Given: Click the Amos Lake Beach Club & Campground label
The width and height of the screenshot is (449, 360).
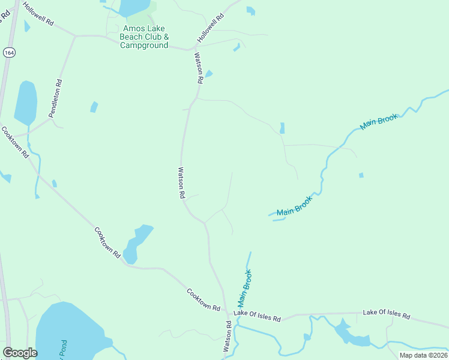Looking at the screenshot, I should (x=144, y=37).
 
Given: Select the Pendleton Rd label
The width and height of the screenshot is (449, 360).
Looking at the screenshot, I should (x=56, y=98).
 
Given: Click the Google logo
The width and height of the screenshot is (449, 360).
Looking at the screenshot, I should (x=20, y=352).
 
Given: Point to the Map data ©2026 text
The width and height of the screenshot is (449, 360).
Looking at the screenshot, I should (x=423, y=355).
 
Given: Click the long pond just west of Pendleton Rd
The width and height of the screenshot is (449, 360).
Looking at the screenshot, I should (x=26, y=103).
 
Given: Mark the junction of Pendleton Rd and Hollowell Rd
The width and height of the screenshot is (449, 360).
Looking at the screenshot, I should (x=75, y=36).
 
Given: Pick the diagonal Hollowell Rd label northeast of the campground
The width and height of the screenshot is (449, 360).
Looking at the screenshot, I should (x=210, y=28).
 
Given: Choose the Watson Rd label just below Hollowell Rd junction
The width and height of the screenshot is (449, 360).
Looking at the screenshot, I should (x=199, y=67).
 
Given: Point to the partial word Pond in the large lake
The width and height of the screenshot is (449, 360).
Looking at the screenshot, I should (x=63, y=350).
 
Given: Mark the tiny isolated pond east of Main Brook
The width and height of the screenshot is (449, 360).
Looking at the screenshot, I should (x=361, y=175).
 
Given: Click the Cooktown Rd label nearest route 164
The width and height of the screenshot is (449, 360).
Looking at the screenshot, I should (x=15, y=142).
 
